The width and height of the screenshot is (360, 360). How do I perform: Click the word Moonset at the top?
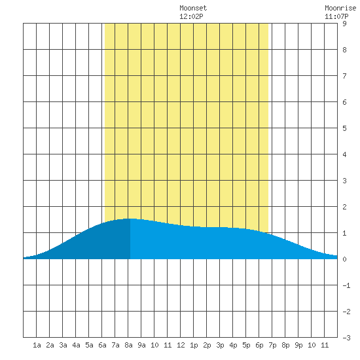tap(193, 8)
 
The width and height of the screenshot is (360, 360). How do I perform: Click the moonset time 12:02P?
tap(191, 16)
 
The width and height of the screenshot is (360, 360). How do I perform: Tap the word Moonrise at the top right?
tap(340, 8)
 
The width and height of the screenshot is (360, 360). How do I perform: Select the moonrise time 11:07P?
tap(336, 16)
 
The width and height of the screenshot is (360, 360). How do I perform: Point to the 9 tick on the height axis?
tap(344, 24)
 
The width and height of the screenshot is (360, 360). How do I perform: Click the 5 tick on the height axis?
tap(344, 128)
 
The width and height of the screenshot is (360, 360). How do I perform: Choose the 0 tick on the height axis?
tap(344, 259)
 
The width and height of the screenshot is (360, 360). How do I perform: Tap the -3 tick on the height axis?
tap(346, 338)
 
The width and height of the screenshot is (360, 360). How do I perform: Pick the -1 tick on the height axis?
tap(346, 285)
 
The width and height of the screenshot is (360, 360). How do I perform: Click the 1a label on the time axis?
tap(37, 345)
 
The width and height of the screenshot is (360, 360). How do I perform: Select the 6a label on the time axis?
tap(102, 345)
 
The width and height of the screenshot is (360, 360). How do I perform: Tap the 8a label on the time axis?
tap(128, 345)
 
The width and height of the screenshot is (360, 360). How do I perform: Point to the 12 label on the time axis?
tap(181, 345)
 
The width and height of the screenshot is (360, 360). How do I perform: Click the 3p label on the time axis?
tap(220, 345)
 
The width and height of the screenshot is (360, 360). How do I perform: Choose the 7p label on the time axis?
tap(272, 345)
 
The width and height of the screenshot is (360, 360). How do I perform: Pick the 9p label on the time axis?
tap(298, 345)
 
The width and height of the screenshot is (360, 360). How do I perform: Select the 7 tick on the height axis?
tap(344, 76)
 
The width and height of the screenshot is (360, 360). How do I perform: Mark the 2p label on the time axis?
tap(207, 345)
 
